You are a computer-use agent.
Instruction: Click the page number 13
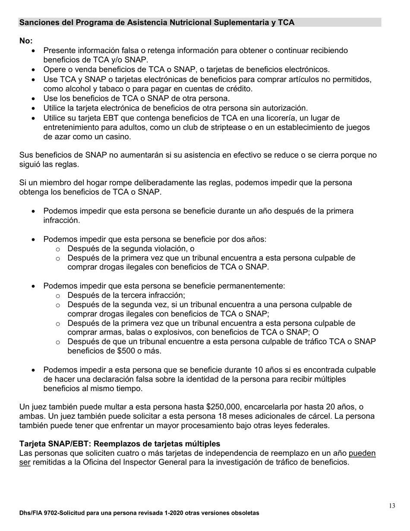coord(391,506)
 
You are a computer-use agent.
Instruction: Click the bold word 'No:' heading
coord(26,41)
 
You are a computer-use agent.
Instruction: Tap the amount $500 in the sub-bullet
coord(126,351)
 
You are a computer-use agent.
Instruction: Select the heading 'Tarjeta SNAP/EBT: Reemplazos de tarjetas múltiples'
coord(120,444)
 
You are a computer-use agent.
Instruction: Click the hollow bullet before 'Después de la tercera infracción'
coord(58,296)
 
